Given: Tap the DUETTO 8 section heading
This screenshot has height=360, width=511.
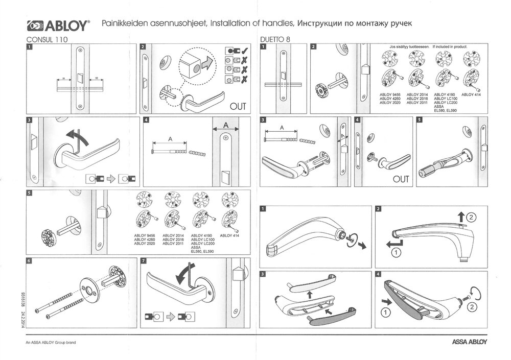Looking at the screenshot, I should coord(275,39).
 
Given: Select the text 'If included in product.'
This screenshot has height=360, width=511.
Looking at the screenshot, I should coord(450,46).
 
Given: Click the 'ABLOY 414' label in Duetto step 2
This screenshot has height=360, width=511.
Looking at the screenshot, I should coord(471,95).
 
